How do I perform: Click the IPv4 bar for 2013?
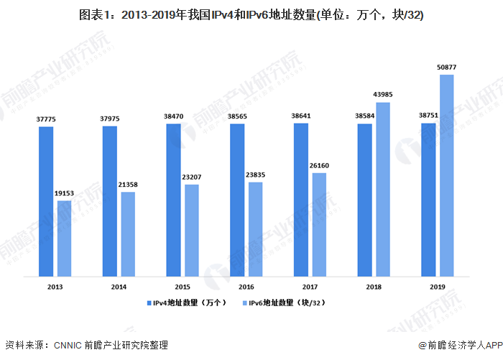click(47, 201)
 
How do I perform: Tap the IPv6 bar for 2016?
click(256, 229)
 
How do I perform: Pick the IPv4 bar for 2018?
click(365, 200)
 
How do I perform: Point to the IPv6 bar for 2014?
click(128, 234)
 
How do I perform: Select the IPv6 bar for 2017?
click(319, 224)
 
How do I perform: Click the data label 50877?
click(447, 68)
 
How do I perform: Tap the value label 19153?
click(65, 194)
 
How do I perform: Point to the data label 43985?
click(383, 95)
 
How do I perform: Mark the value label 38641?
click(301, 116)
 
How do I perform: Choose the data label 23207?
click(192, 177)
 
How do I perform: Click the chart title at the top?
click(251, 15)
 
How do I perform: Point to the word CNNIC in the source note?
click(68, 346)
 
